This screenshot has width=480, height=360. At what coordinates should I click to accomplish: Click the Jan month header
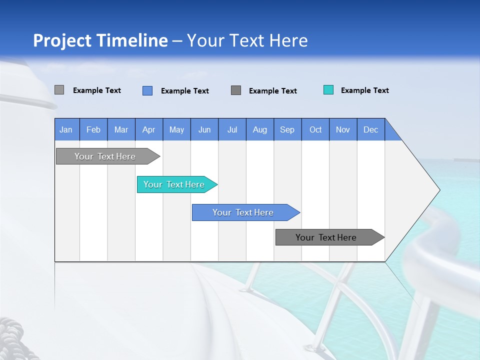[66, 129]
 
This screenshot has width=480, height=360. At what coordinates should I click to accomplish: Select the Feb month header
[93, 129]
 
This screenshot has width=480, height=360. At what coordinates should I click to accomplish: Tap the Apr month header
[148, 129]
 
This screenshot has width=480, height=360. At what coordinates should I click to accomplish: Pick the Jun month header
[204, 129]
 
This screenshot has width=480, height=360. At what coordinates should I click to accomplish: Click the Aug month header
[259, 129]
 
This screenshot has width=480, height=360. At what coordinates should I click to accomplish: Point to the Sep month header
[287, 129]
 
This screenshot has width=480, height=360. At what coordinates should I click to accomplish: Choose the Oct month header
[315, 129]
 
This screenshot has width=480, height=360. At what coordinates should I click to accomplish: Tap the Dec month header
[370, 129]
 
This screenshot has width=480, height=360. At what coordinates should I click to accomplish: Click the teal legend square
[328, 90]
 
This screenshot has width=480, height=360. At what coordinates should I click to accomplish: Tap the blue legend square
[147, 90]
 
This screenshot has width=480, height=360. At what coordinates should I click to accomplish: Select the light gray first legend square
[59, 90]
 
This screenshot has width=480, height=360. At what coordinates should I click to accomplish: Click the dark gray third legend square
[236, 90]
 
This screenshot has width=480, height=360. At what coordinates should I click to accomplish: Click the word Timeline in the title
[132, 40]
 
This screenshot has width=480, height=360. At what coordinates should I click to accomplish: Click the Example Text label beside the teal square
[364, 90]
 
